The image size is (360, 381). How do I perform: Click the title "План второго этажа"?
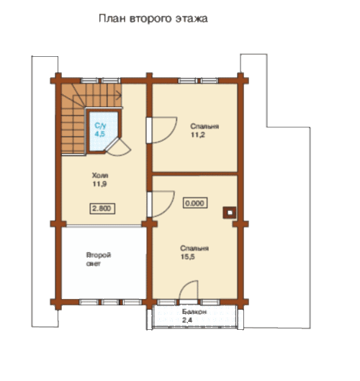(x=153, y=19)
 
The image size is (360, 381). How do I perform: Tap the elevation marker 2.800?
(x=102, y=208)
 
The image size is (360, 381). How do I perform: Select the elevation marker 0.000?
(x=195, y=203)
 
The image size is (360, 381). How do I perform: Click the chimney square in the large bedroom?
(x=230, y=213)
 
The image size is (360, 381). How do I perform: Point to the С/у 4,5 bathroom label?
(x=100, y=130)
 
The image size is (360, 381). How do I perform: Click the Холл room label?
(x=100, y=176)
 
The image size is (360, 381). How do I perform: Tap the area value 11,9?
(x=99, y=184)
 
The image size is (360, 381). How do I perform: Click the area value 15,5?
(x=187, y=257)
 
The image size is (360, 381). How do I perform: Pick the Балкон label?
(x=194, y=312)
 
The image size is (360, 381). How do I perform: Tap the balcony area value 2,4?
(x=187, y=321)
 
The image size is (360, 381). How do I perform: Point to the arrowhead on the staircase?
(x=120, y=95)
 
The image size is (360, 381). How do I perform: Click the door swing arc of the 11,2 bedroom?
(x=171, y=134)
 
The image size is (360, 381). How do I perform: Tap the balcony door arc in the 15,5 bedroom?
(x=185, y=284)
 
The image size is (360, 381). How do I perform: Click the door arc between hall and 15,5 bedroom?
(x=168, y=210)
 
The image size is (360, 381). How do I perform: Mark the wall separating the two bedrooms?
(x=194, y=174)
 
